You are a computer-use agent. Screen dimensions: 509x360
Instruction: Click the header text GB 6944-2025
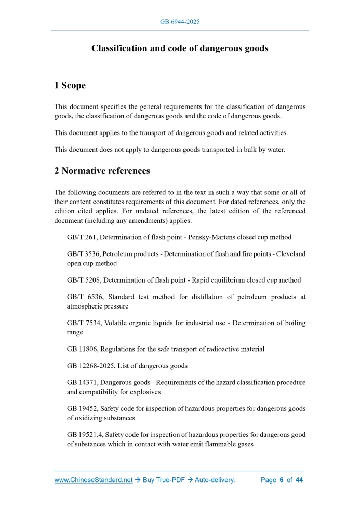(180, 22)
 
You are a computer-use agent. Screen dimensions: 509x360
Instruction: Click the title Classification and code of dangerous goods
(180, 48)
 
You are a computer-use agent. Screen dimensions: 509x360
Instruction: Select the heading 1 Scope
(70, 85)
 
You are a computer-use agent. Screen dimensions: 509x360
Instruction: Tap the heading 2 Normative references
(102, 170)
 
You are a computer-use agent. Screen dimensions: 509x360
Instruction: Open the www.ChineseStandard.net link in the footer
(94, 480)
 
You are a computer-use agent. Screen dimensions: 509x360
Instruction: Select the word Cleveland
(290, 254)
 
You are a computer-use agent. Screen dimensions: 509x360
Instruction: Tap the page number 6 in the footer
(281, 480)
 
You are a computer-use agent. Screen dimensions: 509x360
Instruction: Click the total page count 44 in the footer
(299, 480)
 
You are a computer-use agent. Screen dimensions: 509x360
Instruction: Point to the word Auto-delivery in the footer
(215, 480)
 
